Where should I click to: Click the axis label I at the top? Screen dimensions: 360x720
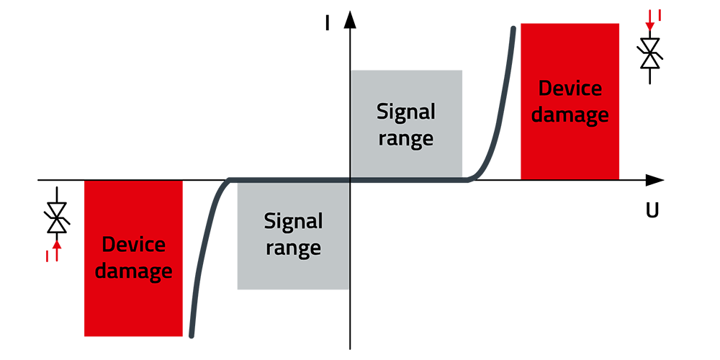click(328, 23)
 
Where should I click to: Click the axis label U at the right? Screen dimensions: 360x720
click(652, 211)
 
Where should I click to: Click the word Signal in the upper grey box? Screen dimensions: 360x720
click(406, 112)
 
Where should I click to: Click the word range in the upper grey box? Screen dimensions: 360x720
click(406, 138)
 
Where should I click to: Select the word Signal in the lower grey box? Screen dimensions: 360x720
click(293, 221)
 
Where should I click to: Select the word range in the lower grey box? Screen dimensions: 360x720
click(293, 248)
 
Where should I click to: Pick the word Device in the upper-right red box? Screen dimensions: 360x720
click(570, 89)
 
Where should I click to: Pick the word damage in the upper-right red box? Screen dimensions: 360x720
click(570, 115)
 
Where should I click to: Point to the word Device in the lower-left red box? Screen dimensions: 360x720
click(134, 244)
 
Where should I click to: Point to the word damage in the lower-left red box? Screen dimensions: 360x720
click(134, 271)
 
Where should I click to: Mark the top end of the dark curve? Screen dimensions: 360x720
click(513, 29)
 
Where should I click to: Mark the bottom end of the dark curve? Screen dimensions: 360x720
click(191, 335)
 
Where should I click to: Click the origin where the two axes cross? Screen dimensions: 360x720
click(350, 180)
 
